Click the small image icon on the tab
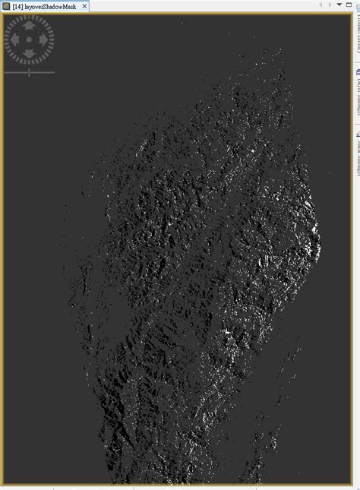click(x=6, y=5)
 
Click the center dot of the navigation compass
click(x=30, y=39)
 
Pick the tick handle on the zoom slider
click(x=29, y=73)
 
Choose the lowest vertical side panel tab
click(x=356, y=156)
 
